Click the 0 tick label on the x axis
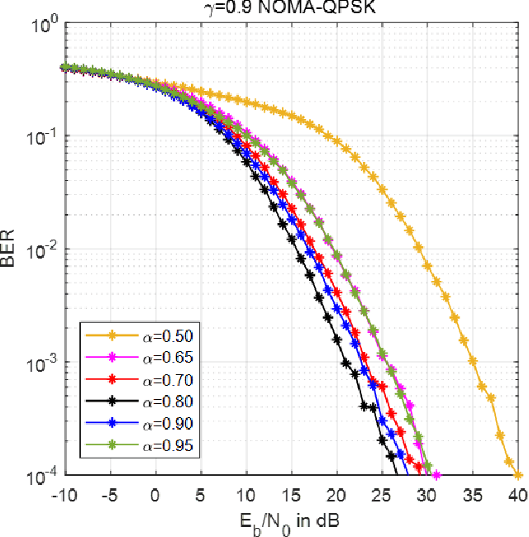[x=155, y=495]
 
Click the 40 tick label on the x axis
[x=517, y=495]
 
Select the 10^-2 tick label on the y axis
[x=38, y=249]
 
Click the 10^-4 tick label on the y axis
[x=38, y=476]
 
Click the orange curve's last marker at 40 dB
[x=517, y=475]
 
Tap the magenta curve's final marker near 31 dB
[x=436, y=475]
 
